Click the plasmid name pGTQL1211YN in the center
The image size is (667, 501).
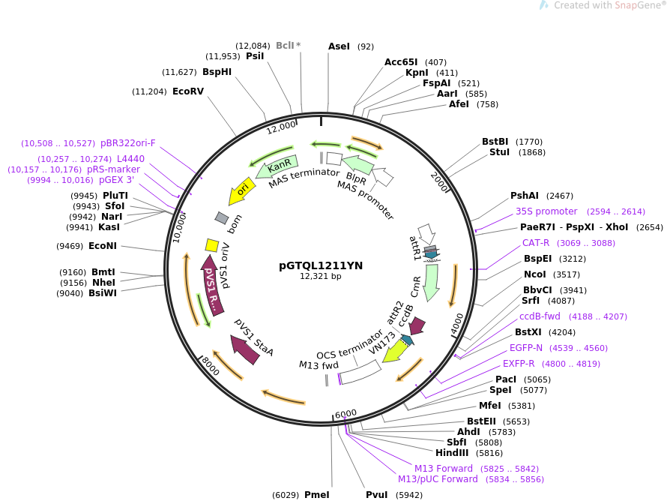[x=321, y=265]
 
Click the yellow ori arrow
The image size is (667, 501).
[x=242, y=190]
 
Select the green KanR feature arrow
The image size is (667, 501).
[x=277, y=167]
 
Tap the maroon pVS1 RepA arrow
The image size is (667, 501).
[x=211, y=285]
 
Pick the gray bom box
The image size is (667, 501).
[x=222, y=218]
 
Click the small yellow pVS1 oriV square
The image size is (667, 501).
[x=212, y=245]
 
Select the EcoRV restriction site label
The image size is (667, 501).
[x=188, y=91]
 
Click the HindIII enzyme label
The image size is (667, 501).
[x=452, y=453]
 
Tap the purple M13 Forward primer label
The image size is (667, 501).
[x=444, y=469]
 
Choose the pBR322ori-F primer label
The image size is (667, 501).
[x=128, y=143]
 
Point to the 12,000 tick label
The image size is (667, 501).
[x=281, y=127]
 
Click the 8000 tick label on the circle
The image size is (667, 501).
[x=211, y=366]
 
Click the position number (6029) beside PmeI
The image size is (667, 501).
[x=286, y=495]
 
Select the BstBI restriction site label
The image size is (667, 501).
[x=495, y=142]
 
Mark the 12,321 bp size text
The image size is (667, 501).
[x=321, y=276]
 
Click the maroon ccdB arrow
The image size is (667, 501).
[x=417, y=325]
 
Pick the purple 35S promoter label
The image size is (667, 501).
[x=546, y=211]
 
